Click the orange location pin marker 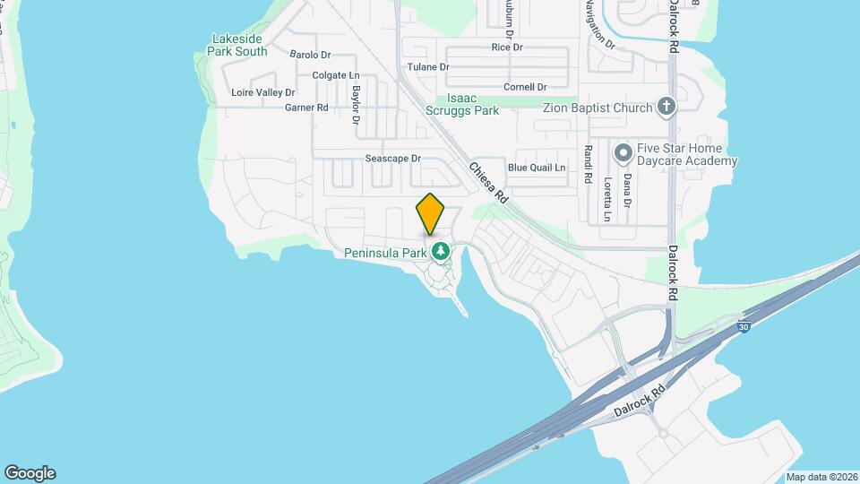click(x=430, y=213)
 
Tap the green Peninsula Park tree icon click(x=440, y=251)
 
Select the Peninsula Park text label click(x=385, y=254)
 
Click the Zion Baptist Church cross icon click(x=665, y=108)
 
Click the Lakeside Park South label click(x=237, y=45)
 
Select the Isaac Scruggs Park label click(x=472, y=104)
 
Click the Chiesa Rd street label click(x=488, y=183)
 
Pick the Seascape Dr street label click(x=392, y=159)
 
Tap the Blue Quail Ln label click(x=537, y=168)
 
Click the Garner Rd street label click(x=306, y=108)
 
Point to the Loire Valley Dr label click(x=263, y=92)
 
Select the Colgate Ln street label click(x=335, y=75)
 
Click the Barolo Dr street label click(x=310, y=55)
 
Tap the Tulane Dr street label click(x=427, y=67)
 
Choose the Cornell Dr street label click(x=525, y=87)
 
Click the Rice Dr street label click(x=506, y=47)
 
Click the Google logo click(x=30, y=473)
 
